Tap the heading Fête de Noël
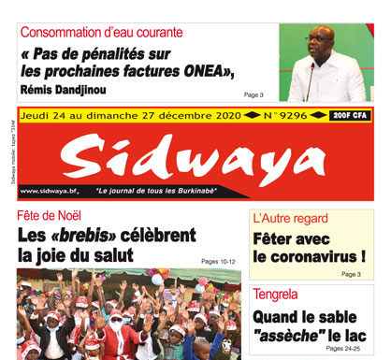click(x=50, y=216)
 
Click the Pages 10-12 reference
click(x=217, y=261)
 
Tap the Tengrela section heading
click(x=281, y=295)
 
